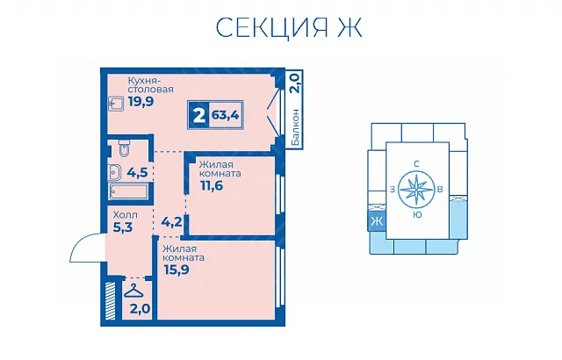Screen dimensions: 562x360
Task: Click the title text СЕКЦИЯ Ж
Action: (x=289, y=27)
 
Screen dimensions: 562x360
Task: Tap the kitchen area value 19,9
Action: (x=140, y=102)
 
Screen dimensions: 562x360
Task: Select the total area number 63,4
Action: (x=225, y=115)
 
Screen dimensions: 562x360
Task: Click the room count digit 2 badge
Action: (x=199, y=115)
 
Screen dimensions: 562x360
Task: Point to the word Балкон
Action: (x=296, y=127)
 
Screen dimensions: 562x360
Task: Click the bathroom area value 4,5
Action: (x=137, y=173)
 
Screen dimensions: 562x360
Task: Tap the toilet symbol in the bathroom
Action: (x=124, y=148)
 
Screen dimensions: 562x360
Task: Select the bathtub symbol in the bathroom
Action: (x=129, y=191)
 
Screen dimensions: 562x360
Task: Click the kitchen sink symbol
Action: (x=116, y=104)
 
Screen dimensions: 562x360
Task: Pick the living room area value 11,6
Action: (x=212, y=185)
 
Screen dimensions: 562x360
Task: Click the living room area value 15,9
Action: (x=177, y=270)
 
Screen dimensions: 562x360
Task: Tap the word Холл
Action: (x=125, y=215)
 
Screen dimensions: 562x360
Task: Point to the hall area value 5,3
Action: (x=123, y=227)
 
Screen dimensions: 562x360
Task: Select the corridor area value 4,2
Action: (x=172, y=222)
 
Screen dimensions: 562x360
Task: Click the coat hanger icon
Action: (x=133, y=291)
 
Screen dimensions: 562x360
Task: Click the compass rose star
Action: (x=416, y=190)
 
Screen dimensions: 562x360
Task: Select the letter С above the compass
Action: (x=416, y=164)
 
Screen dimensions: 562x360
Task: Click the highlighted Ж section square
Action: (x=377, y=221)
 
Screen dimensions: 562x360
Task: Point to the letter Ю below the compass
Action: (x=416, y=215)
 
